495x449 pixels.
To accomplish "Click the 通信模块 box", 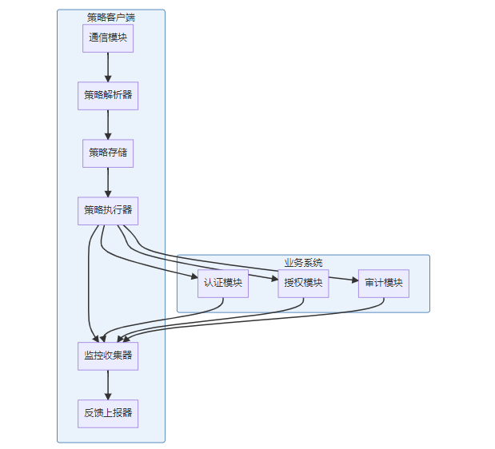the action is tap(108, 38).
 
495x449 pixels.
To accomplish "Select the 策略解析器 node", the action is tap(108, 96).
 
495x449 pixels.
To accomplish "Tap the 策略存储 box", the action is tap(108, 153).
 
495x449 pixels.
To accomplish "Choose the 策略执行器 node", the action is tap(108, 211).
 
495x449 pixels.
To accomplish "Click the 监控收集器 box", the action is tap(108, 356).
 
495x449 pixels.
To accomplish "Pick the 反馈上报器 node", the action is tap(108, 414).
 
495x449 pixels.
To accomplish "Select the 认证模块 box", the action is tap(223, 284).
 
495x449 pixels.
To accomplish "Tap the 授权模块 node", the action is tap(303, 284).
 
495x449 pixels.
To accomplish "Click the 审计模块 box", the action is tap(384, 284).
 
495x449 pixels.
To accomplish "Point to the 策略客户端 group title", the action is tap(111, 18).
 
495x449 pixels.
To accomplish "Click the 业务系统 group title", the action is tap(303, 263).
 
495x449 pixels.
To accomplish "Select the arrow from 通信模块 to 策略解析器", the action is tap(108, 67).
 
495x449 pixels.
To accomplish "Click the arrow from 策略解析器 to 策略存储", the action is tap(108, 125).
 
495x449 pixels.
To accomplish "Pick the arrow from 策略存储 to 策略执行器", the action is tap(108, 182).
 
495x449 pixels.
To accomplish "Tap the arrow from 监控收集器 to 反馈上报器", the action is tap(108, 385).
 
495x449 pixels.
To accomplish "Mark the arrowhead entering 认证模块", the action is tap(194, 276).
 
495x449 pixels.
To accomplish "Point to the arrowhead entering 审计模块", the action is tap(355, 280).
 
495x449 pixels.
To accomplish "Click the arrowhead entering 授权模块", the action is tap(275, 279).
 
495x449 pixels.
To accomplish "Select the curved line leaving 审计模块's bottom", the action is tap(253, 320).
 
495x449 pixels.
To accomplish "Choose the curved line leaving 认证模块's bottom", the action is tap(164, 320).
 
